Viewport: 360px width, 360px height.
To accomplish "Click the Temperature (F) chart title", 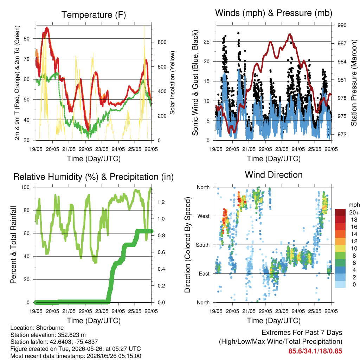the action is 94,15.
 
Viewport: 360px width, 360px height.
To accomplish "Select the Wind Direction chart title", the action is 274,175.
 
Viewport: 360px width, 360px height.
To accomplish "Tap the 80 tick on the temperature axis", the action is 27,39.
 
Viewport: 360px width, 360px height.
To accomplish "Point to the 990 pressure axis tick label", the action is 342,25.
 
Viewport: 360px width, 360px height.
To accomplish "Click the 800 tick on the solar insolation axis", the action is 162,42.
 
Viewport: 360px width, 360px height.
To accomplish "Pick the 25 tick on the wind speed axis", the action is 206,42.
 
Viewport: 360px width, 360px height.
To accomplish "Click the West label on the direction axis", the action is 204,216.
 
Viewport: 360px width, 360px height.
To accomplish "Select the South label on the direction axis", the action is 203,245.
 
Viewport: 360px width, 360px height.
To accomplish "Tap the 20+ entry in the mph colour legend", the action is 354,213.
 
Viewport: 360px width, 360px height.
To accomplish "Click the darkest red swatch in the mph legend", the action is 340,212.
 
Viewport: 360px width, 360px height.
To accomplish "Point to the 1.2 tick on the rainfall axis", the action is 161,202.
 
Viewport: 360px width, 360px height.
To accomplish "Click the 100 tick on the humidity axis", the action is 25,187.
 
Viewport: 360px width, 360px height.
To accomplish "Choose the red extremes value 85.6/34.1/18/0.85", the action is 315,351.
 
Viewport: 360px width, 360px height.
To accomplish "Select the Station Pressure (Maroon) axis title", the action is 354,83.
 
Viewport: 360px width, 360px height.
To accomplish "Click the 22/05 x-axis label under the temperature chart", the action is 85,149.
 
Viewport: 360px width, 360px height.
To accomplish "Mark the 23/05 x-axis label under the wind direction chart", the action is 282,311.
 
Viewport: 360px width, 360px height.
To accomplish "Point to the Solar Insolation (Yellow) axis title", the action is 172,83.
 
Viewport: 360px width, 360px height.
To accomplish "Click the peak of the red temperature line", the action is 47,28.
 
